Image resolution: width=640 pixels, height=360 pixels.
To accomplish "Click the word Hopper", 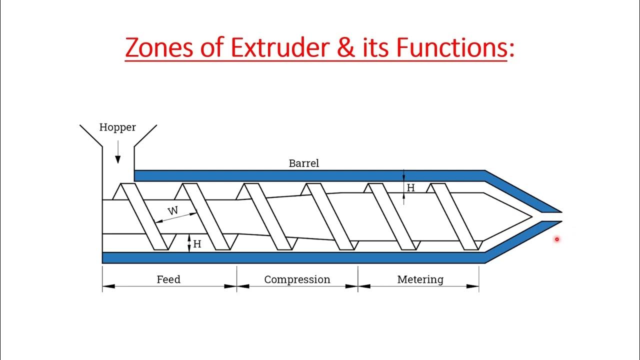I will tap(117, 127).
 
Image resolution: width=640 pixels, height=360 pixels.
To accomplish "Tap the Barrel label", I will tap(303, 163).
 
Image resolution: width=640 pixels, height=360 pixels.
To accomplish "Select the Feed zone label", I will tap(168, 279).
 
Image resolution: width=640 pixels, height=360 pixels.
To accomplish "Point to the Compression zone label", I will tap(297, 279).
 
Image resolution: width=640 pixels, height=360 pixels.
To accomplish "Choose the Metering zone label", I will tap(420, 279).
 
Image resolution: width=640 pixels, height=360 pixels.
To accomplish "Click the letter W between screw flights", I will tap(172, 210).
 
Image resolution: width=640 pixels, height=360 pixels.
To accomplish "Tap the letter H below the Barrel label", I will tap(411, 188).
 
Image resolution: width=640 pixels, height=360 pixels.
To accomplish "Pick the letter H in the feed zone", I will tap(197, 244).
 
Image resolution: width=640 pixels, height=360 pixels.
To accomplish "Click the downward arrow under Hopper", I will tap(118, 152).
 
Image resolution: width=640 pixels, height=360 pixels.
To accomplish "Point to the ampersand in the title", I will tap(353, 48).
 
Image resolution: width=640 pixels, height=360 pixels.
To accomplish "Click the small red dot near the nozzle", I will tap(556, 239).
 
